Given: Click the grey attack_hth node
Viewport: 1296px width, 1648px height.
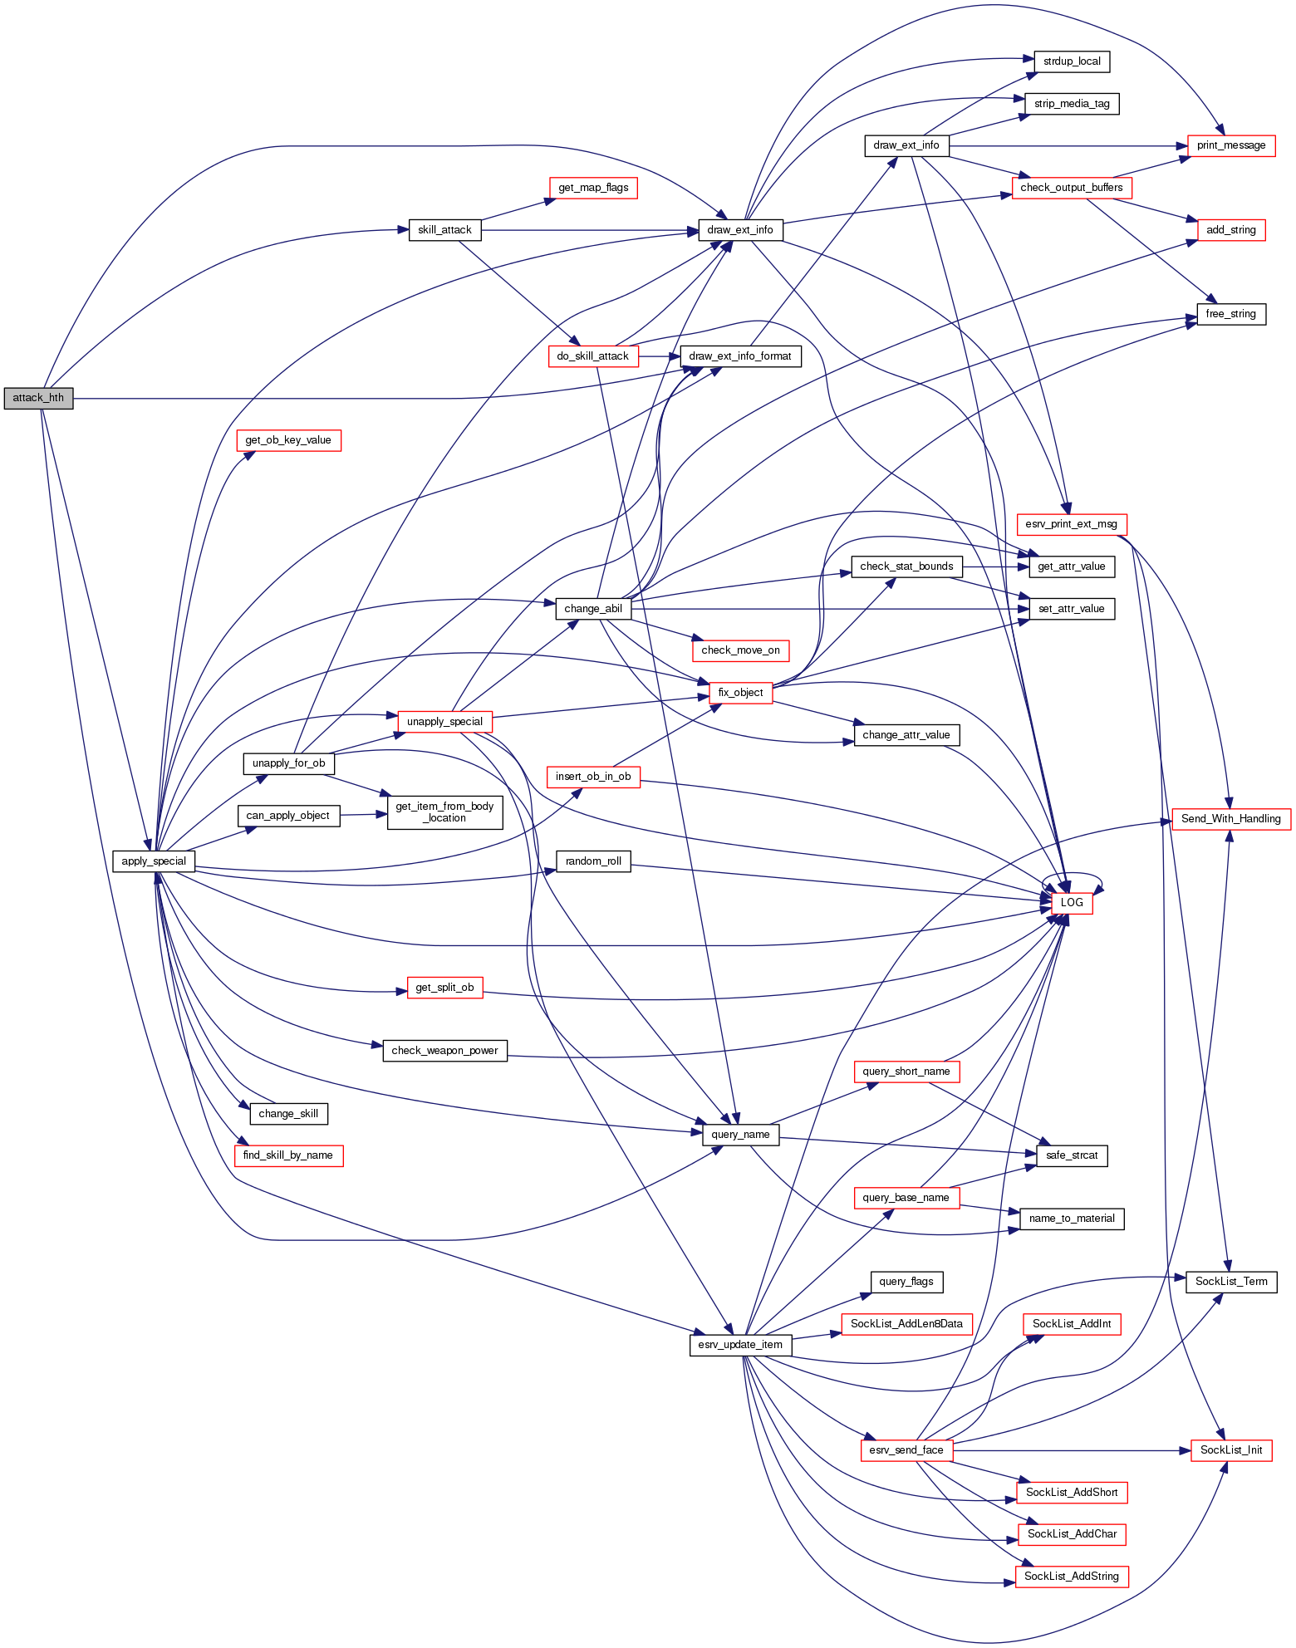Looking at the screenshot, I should tap(38, 398).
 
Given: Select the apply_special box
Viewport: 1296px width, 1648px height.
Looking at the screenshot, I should tap(154, 861).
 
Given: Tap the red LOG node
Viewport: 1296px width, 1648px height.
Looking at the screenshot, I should tap(1072, 903).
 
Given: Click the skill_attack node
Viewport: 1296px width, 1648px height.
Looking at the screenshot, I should tap(444, 230).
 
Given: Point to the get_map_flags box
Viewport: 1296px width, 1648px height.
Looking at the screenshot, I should tap(593, 188).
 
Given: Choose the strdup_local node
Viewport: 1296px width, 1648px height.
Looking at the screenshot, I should tap(1072, 61).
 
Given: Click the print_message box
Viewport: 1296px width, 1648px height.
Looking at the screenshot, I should tap(1231, 145).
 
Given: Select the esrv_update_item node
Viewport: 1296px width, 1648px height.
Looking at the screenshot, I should tap(740, 1345).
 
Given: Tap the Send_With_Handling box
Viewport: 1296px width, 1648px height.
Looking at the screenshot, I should tap(1231, 819).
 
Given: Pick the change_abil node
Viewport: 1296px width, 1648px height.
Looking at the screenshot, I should tap(593, 609).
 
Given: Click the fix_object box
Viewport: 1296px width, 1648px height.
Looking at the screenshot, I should tap(740, 693).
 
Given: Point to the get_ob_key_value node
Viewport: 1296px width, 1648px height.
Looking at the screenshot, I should tap(288, 440).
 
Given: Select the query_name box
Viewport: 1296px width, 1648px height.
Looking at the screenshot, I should tap(740, 1135).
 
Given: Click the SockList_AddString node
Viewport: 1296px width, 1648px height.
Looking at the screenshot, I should tap(1072, 1577).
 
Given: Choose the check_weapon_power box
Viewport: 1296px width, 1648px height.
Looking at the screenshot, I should tap(444, 1051).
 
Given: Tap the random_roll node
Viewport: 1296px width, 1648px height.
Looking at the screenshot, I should tap(593, 861).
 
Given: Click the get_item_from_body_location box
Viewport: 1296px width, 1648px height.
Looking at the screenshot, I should tap(444, 812).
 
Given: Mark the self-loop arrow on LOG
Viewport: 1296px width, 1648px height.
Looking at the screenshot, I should tap(1073, 875).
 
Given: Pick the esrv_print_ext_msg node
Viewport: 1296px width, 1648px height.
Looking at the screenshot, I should tap(1072, 524).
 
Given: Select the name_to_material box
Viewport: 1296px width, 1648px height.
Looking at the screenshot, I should tap(1072, 1219).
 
